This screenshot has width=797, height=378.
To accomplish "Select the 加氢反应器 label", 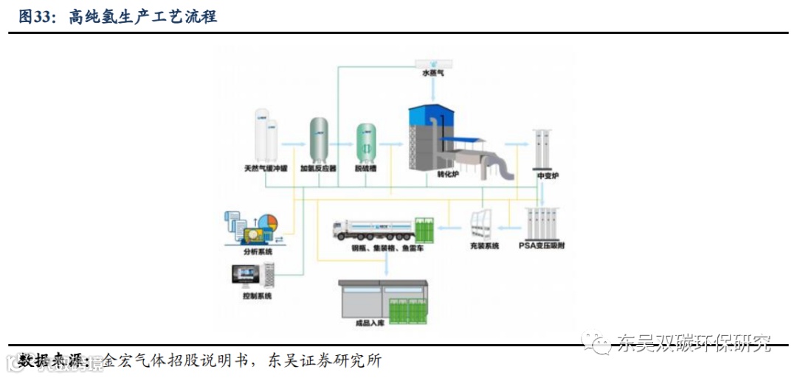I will click(x=318, y=168).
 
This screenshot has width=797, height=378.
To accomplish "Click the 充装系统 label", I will click(x=484, y=245).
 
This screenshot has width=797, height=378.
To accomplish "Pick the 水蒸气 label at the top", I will click(x=433, y=74).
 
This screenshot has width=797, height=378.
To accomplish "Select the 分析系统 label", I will click(x=258, y=252).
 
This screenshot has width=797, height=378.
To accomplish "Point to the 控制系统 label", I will click(x=258, y=296).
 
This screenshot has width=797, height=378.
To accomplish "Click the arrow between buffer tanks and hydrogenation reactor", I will click(x=291, y=144).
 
